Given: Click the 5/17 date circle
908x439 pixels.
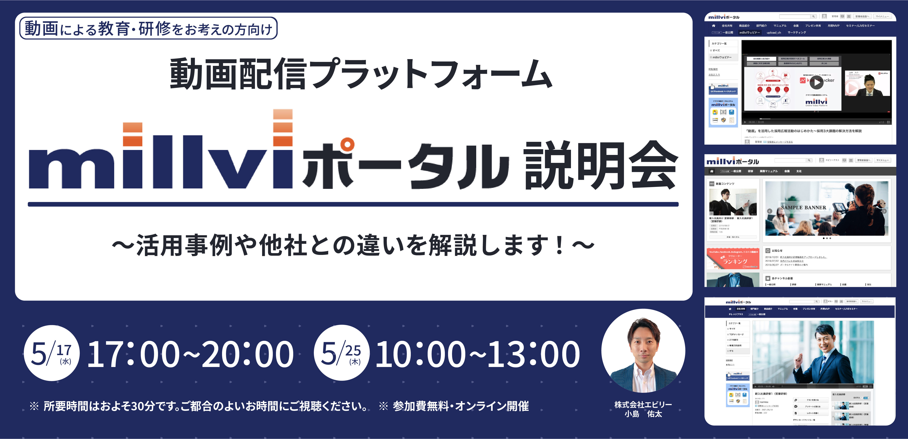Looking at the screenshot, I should tap(52, 353).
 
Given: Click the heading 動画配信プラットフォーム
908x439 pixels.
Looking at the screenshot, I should tap(360, 74).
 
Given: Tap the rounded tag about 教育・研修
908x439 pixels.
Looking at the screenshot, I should tap(148, 28).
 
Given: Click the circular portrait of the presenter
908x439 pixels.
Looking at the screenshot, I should tap(643, 351).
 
